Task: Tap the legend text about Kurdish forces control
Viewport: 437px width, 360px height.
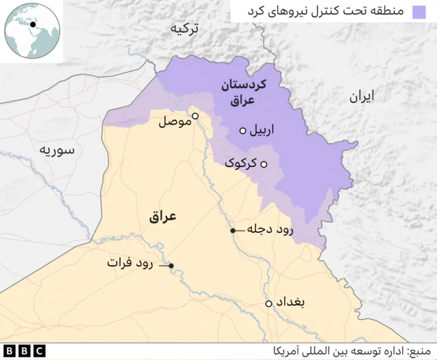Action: pyautogui.click(x=328, y=12)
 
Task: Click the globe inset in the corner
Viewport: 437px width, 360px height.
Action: pyautogui.click(x=32, y=32)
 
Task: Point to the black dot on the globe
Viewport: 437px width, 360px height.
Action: pyautogui.click(x=32, y=24)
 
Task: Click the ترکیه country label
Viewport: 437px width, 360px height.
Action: pyautogui.click(x=187, y=29)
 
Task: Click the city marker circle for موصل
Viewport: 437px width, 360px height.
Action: pyautogui.click(x=195, y=116)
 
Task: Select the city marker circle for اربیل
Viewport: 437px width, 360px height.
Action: pyautogui.click(x=242, y=130)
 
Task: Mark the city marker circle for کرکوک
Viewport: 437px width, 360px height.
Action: pyautogui.click(x=264, y=164)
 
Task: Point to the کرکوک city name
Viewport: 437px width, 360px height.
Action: pyautogui.click(x=241, y=164)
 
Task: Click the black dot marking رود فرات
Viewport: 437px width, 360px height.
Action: pyautogui.click(x=171, y=266)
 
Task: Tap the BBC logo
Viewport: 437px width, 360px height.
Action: pyautogui.click(x=23, y=351)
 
